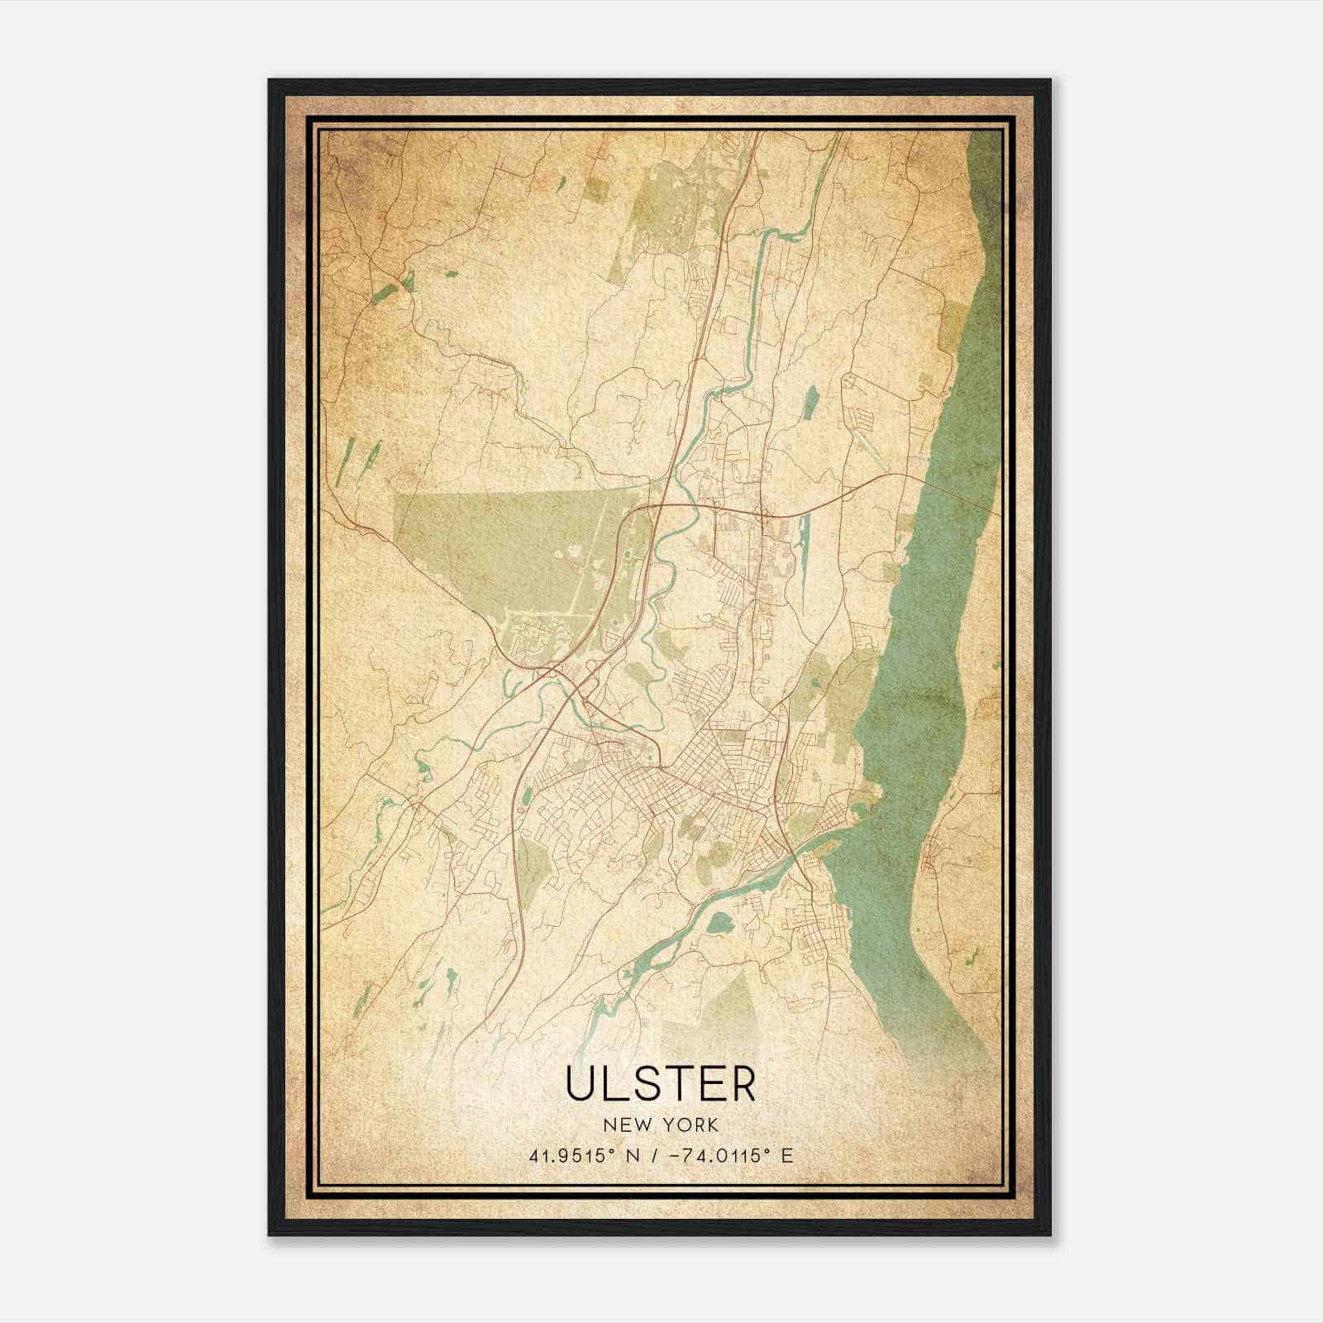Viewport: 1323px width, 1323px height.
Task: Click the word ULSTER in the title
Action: point(661,1084)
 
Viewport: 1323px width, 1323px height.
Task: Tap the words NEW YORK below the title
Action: point(661,1125)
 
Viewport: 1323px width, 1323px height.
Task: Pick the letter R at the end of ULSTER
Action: point(743,1084)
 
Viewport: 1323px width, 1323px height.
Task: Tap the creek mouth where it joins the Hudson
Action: point(819,843)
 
